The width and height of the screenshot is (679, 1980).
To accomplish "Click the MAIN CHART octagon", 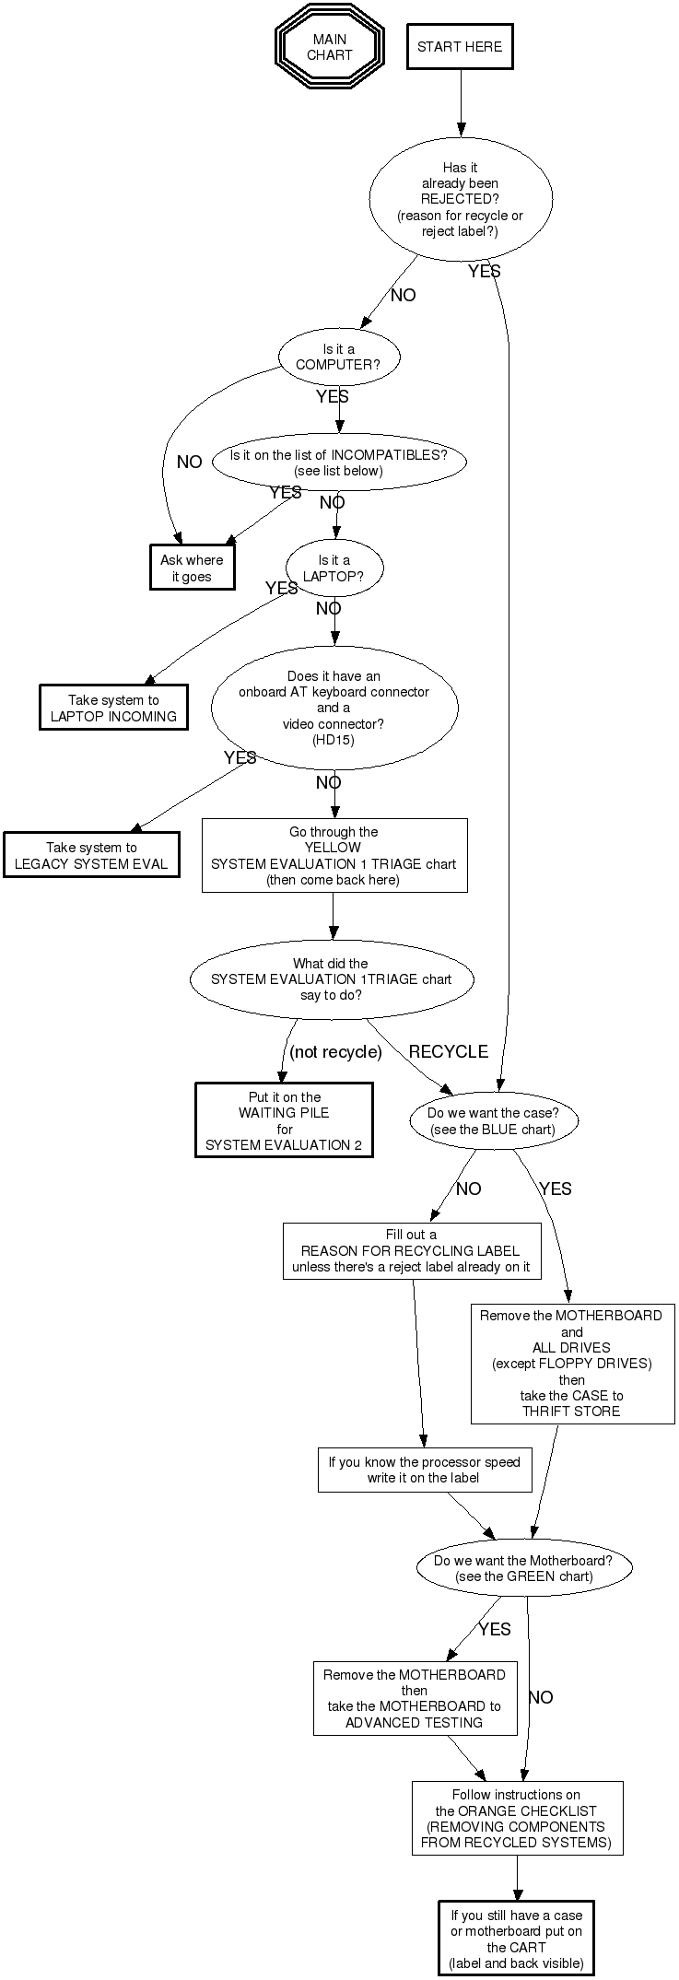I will click(x=329, y=47).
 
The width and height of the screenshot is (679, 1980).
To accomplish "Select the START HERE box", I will click(x=460, y=47).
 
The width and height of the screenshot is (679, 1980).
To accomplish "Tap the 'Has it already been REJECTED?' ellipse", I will click(x=461, y=199).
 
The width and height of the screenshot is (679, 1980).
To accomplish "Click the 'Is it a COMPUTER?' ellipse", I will click(x=338, y=357).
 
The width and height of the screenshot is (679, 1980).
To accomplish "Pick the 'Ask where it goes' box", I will click(x=192, y=568).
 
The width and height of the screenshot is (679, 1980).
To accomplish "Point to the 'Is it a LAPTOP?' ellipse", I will click(x=334, y=568).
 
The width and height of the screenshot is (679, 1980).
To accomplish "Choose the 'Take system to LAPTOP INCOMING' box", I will click(x=113, y=708).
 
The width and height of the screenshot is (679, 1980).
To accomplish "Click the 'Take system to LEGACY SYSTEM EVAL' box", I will click(x=91, y=855).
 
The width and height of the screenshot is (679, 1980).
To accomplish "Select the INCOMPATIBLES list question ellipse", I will click(x=339, y=463).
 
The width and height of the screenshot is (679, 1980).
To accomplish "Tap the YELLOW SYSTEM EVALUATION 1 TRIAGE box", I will click(x=334, y=856).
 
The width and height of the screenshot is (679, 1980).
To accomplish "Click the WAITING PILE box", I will click(x=284, y=1120).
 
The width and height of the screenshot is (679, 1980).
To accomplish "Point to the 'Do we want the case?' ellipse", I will click(x=493, y=1121).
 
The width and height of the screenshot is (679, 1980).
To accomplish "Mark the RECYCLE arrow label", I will click(x=448, y=1051).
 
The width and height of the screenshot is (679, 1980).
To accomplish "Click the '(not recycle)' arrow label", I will click(x=335, y=1051).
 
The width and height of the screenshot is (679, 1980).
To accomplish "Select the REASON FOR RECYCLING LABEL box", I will click(x=411, y=1250).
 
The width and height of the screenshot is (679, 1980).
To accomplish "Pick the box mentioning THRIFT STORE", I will click(x=571, y=1363).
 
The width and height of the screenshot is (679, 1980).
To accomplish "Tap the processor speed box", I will click(x=424, y=1470).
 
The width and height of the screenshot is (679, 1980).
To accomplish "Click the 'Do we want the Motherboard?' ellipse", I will click(x=523, y=1567).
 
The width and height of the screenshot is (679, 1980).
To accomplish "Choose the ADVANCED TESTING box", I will click(x=414, y=1698).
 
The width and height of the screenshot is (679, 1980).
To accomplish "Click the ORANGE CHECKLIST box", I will click(x=516, y=1818).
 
